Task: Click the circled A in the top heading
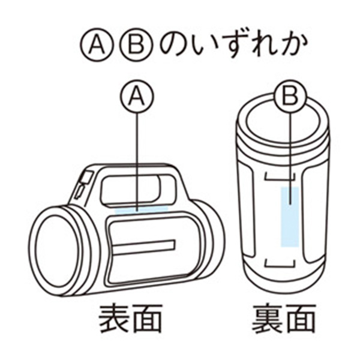[x=97, y=44]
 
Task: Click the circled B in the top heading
[x=136, y=44]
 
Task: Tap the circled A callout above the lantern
[x=137, y=96]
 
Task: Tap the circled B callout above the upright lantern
[x=290, y=96]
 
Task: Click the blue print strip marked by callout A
[x=141, y=209]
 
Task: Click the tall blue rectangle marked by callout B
[x=290, y=217]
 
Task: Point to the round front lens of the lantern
[x=58, y=251]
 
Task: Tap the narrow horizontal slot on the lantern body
[x=144, y=247]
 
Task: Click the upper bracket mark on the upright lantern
[x=280, y=177]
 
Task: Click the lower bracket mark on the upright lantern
[x=280, y=264]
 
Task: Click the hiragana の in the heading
[x=174, y=44]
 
